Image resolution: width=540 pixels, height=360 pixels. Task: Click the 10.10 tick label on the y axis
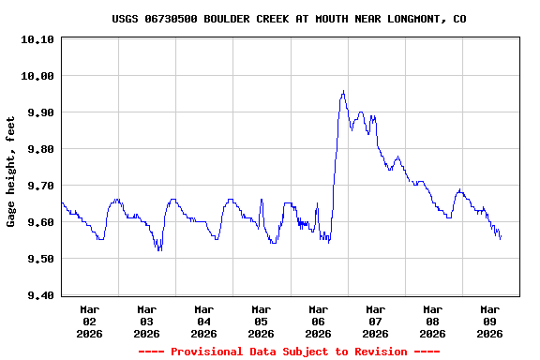click(x=37, y=39)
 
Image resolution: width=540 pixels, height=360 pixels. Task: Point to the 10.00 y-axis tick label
click(x=37, y=76)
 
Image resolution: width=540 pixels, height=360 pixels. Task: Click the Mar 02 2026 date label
click(x=90, y=321)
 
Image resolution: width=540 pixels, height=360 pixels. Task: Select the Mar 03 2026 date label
click(x=147, y=321)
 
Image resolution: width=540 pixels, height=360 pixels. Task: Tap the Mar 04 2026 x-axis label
click(x=204, y=321)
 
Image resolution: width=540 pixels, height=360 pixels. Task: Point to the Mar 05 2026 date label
click(x=262, y=321)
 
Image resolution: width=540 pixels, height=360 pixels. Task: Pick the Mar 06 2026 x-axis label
click(x=319, y=321)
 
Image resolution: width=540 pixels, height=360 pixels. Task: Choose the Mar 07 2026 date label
click(x=376, y=321)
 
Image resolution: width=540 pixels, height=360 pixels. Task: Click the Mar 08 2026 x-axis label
click(x=433, y=321)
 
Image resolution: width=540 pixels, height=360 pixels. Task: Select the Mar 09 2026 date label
click(x=490, y=321)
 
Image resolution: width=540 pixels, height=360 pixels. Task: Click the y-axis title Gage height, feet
click(x=11, y=172)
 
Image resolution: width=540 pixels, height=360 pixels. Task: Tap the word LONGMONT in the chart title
click(x=409, y=19)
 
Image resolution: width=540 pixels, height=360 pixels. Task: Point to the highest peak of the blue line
click(x=343, y=91)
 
